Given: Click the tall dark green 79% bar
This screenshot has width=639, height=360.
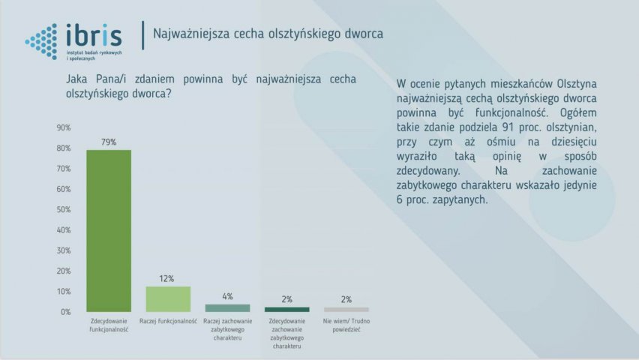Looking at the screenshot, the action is coord(109,231).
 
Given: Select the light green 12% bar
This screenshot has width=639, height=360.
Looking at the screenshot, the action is coord(168,299).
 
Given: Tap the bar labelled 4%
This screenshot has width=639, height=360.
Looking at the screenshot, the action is coord(227,308).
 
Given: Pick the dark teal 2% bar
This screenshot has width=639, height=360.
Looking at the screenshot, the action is coord(287,310).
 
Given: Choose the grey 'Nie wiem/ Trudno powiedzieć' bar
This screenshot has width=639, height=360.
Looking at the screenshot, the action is coord(346,310).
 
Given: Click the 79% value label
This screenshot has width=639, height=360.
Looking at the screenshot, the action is coord(109,142).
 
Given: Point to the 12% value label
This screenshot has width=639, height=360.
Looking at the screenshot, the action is coord(166,278).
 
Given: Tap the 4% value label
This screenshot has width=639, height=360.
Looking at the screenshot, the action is coord(227,296).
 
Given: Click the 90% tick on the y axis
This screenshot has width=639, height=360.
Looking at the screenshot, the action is coord(64,127).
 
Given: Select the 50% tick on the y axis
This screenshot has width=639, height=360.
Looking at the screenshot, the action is coord(64,209).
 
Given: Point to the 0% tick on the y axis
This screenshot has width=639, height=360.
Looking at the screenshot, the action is coord(65,312).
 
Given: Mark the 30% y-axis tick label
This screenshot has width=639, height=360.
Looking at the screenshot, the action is coord(64,250).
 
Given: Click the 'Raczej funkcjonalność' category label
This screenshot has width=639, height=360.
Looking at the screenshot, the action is coord(168,321).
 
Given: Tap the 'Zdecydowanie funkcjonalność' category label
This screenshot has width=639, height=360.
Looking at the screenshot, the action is coord(109,325).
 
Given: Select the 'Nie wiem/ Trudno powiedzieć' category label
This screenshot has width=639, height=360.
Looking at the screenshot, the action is coord(346,325).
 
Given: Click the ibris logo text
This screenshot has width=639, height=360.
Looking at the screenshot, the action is coord(94,35).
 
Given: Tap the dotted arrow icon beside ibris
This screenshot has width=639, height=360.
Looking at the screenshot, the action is coord(41,41).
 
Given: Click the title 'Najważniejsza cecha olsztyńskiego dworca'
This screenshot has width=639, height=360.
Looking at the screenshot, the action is coord(268,34).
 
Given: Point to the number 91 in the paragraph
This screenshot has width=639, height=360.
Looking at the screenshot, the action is coord(508,127).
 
